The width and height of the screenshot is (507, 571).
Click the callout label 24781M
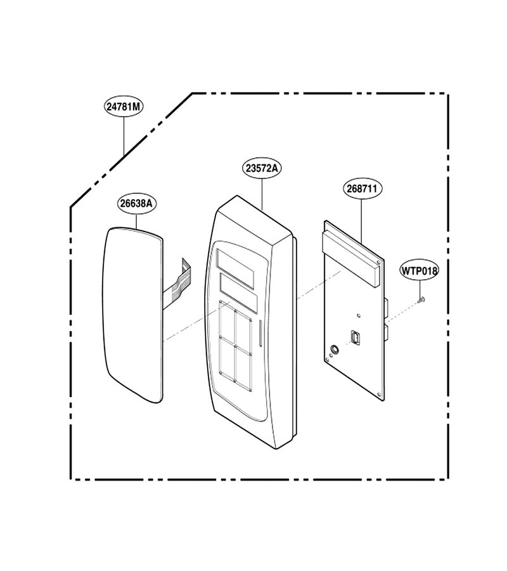(x=124, y=107)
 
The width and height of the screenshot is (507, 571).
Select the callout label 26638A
(x=136, y=203)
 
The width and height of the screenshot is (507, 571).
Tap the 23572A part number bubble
(x=262, y=168)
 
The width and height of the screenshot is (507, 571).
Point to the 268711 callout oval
(x=362, y=188)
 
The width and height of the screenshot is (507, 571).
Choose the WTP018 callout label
(x=420, y=270)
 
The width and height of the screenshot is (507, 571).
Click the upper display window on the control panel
(x=235, y=264)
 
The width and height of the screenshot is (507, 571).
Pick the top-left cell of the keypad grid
(x=228, y=319)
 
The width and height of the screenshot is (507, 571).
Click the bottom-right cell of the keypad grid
(x=243, y=369)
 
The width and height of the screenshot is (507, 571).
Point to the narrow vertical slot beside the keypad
(x=260, y=333)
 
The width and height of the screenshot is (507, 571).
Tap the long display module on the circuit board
(x=351, y=259)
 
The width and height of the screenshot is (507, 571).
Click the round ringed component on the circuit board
(x=333, y=350)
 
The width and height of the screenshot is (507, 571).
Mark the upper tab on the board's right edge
(x=387, y=307)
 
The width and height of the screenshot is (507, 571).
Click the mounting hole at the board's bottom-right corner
(x=380, y=395)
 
